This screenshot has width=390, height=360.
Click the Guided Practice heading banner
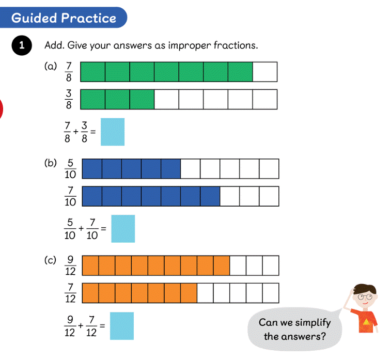(x=64, y=18)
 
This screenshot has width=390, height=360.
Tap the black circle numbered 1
(x=22, y=45)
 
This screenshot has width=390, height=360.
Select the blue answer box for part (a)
(x=113, y=132)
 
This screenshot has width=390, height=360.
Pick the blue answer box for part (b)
(x=123, y=228)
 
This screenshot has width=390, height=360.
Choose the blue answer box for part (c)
(x=122, y=326)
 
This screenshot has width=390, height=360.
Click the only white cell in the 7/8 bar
(x=265, y=72)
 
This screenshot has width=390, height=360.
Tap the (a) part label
(x=51, y=67)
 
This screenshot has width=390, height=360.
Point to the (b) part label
(x=51, y=163)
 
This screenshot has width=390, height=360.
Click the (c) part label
(x=50, y=260)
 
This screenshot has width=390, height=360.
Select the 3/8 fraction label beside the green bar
(x=69, y=99)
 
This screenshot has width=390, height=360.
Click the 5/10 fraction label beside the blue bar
(x=70, y=168)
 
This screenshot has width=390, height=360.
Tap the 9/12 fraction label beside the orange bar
(x=70, y=265)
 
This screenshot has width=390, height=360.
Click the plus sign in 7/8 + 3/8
(x=75, y=131)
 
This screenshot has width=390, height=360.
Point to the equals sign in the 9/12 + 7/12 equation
(x=102, y=325)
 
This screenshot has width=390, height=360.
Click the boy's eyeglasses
(x=365, y=296)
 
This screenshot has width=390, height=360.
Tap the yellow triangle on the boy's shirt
(x=366, y=322)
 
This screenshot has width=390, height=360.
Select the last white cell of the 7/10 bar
(x=269, y=196)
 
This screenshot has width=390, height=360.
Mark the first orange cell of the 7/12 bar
(x=90, y=293)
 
